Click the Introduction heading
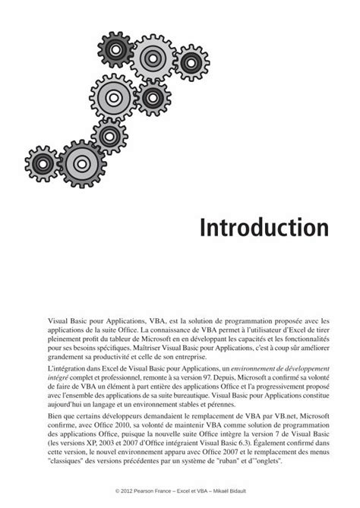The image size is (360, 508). [262, 226]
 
